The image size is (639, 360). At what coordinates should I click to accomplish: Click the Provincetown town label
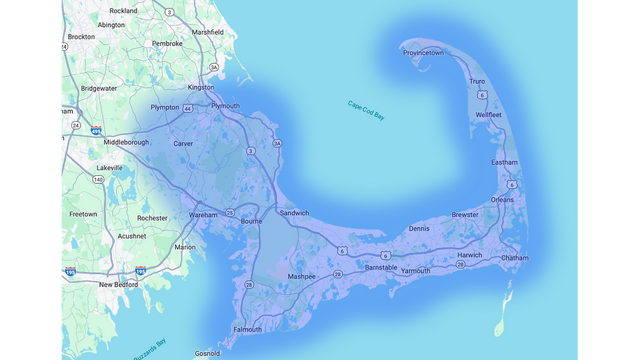point(423,53)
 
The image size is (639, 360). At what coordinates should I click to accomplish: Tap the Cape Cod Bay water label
point(366,111)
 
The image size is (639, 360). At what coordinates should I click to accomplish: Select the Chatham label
point(514,258)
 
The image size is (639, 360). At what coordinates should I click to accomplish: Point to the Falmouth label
point(247,330)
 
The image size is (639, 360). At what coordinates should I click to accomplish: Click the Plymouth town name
point(225,106)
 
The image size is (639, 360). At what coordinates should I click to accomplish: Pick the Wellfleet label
point(489,115)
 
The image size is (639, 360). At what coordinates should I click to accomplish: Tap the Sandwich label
point(294,213)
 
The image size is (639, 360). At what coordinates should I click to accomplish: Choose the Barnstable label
point(381,268)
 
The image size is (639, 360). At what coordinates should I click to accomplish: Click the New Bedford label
point(118,285)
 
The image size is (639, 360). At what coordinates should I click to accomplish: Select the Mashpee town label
point(302,277)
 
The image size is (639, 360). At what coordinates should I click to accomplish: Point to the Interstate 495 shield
point(96,130)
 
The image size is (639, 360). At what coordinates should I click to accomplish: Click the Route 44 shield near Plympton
point(188,109)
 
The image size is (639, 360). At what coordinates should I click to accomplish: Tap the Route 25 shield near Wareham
point(230,213)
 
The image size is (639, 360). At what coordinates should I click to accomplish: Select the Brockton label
point(81,36)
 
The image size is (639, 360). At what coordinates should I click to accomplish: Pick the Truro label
point(477,82)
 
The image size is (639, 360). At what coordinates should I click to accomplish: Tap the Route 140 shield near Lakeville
point(98,180)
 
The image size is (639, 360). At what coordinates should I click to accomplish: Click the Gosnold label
point(207,354)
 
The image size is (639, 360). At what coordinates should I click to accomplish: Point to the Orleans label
point(502,200)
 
